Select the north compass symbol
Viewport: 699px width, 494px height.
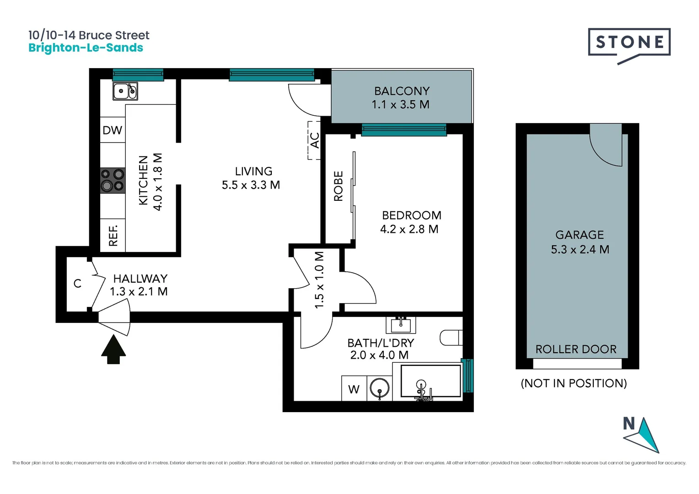point(642,435)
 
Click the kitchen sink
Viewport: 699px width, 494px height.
point(125,91)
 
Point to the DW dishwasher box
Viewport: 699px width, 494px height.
point(113,130)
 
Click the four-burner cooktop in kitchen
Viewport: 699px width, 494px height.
point(113,180)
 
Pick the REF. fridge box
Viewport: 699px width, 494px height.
point(113,236)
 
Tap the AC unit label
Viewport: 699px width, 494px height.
point(315,140)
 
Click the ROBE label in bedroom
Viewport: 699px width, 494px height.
point(339,186)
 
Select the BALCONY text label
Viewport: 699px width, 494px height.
point(402,91)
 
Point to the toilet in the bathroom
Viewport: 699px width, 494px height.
point(451,338)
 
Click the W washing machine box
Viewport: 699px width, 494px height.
point(354,389)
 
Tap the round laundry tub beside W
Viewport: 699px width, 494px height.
point(379,388)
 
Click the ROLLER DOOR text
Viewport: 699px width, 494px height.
point(576,349)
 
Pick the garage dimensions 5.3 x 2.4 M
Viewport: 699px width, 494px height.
point(580,250)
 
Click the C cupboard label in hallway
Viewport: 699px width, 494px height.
point(77,284)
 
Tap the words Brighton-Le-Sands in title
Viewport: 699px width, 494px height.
point(86,48)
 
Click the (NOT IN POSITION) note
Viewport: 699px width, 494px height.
point(574,383)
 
